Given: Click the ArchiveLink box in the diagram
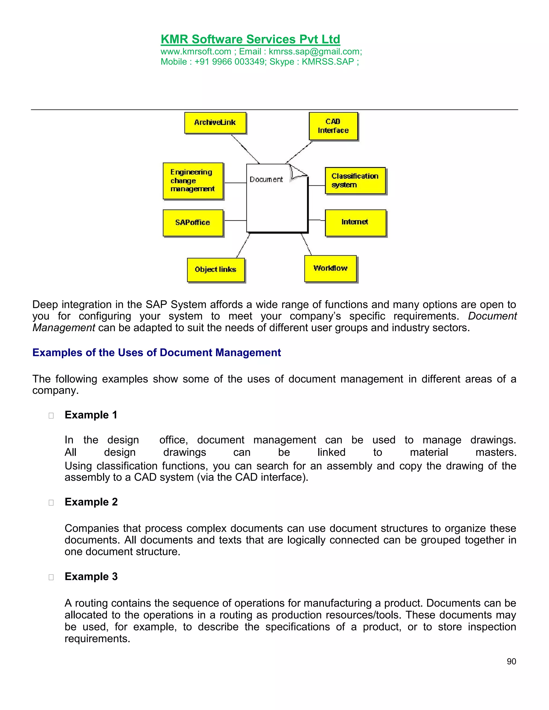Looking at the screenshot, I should (215, 123).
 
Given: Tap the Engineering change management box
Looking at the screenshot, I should (193, 181).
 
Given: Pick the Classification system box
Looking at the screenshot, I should (355, 181).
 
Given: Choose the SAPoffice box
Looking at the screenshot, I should (193, 223).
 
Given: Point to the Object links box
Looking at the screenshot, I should (216, 270).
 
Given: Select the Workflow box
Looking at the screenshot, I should (331, 268).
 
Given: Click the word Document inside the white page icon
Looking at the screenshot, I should (266, 180).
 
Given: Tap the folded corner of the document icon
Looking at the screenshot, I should (297, 172).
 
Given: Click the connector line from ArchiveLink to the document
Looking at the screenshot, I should (245, 149).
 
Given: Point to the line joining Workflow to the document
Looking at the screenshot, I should (306, 244).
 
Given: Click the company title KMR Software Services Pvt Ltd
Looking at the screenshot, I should (250, 39).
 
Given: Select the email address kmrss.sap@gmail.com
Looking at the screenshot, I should (314, 52).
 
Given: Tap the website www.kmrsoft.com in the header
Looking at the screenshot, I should (196, 52).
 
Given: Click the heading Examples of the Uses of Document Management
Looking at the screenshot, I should (157, 353).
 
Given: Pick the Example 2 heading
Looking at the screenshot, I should (91, 502).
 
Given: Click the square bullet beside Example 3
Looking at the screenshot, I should (51, 577).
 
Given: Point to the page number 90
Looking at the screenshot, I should (511, 662).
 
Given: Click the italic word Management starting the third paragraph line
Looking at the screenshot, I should (64, 328).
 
